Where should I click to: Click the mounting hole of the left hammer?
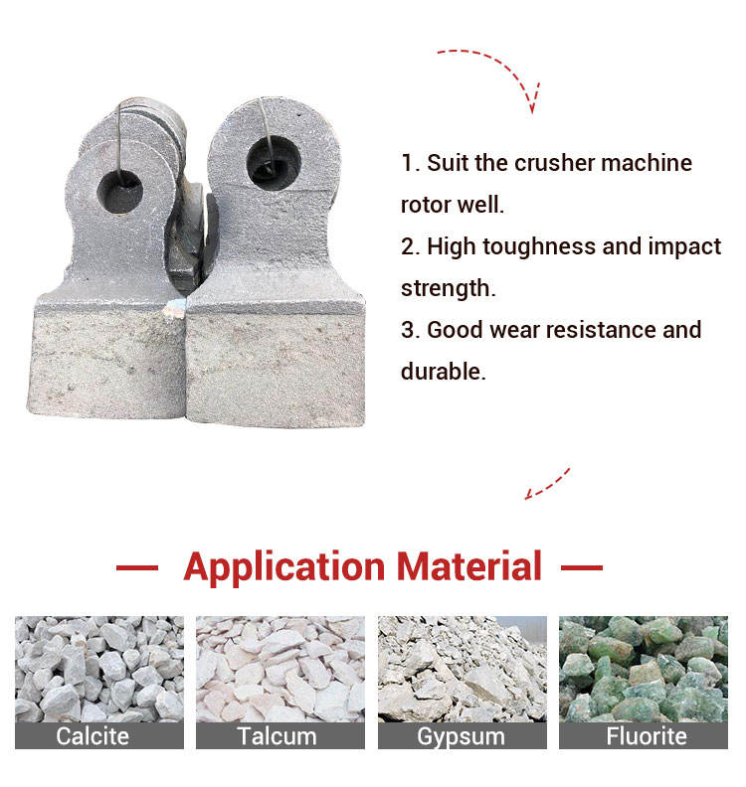pos(119,192)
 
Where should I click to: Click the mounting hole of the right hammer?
pos(274,163)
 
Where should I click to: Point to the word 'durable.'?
pos(443,372)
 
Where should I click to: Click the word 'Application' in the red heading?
pos(284,567)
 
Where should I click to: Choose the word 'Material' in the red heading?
pos(469,566)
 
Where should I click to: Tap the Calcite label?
pos(93,736)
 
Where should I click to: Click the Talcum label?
pos(277,736)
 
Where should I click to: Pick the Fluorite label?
pos(647,736)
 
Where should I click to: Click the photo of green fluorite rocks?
pos(643,669)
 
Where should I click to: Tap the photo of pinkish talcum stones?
pos(280,669)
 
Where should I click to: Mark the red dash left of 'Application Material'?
pos(137,568)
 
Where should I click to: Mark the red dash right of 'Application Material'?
pos(582,568)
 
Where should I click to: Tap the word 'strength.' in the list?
pos(449,289)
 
